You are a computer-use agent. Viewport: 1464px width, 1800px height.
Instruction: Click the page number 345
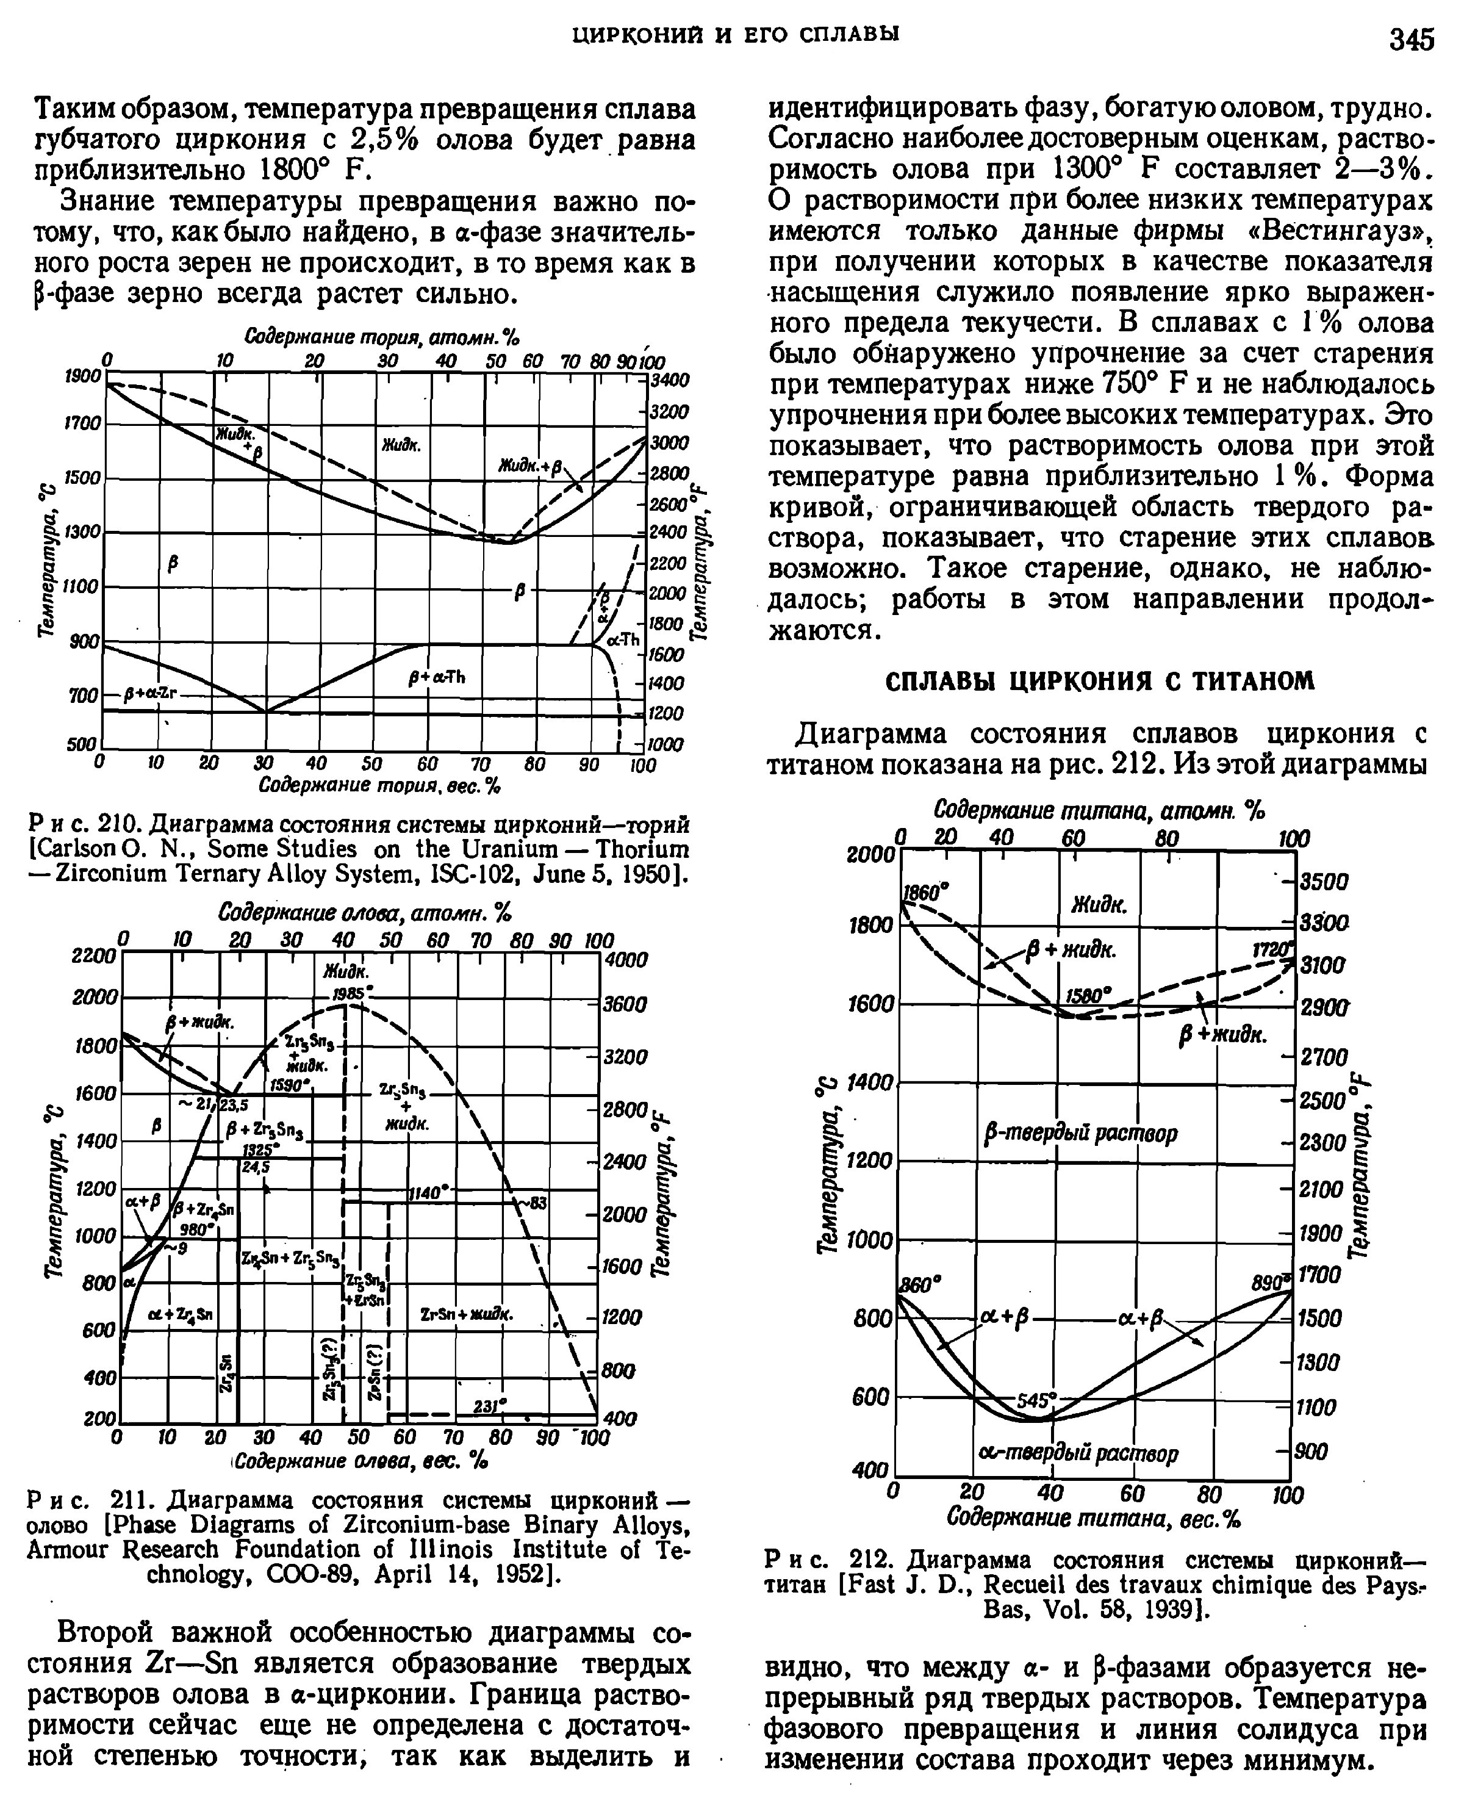1412,39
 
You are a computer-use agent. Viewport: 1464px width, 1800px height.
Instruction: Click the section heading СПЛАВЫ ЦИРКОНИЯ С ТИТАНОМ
1100,681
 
